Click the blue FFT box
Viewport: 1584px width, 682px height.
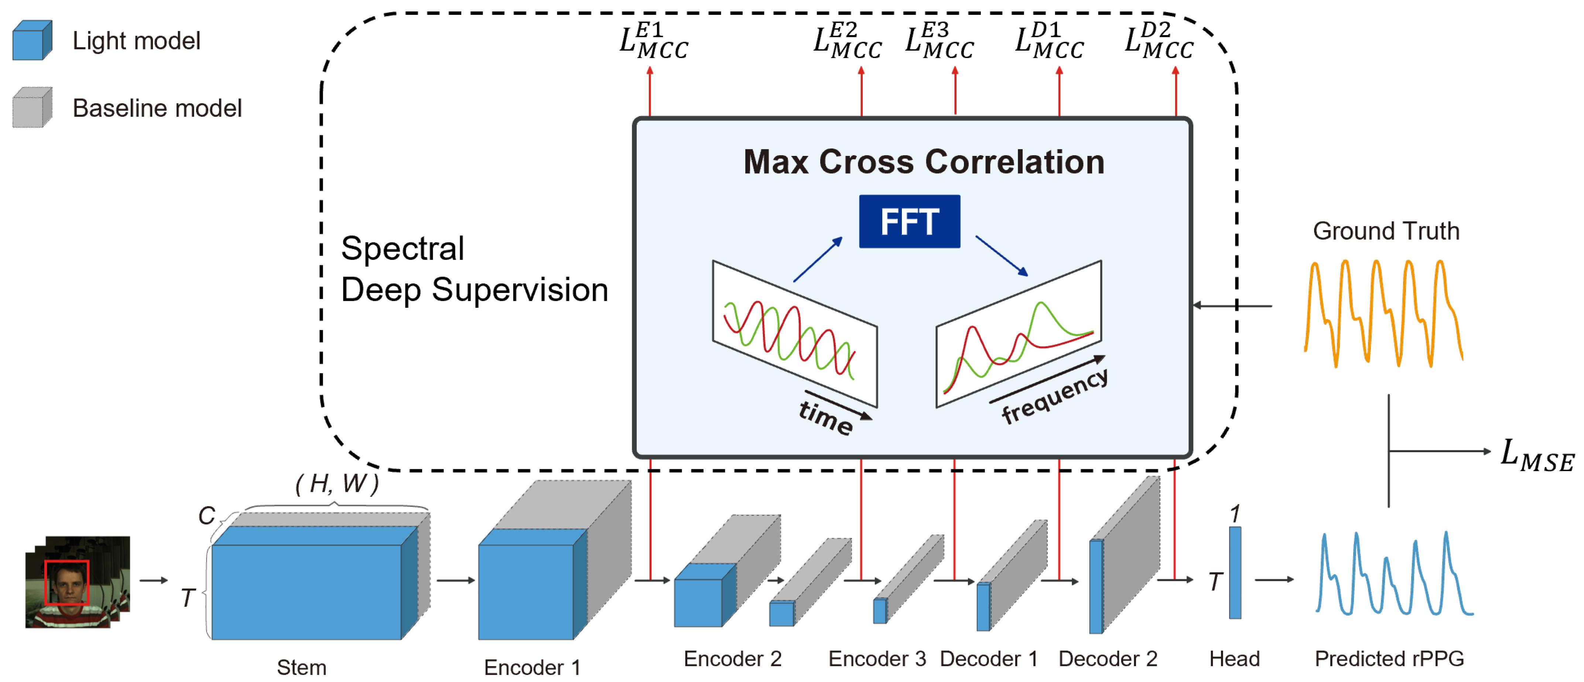[909, 221]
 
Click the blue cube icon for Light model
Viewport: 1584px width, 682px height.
[32, 41]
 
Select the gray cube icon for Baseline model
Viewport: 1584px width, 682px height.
[32, 108]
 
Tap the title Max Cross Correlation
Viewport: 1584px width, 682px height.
[924, 162]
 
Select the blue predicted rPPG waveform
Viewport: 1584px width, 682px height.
[1393, 574]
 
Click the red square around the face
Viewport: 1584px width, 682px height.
[67, 582]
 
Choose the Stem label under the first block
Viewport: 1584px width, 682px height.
[301, 667]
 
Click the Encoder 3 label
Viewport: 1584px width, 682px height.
[876, 659]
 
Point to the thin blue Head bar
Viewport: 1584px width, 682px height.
[1235, 572]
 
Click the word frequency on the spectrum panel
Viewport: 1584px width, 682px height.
[1054, 397]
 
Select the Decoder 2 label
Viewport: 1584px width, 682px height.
[1108, 659]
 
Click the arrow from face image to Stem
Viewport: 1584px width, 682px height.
[154, 580]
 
